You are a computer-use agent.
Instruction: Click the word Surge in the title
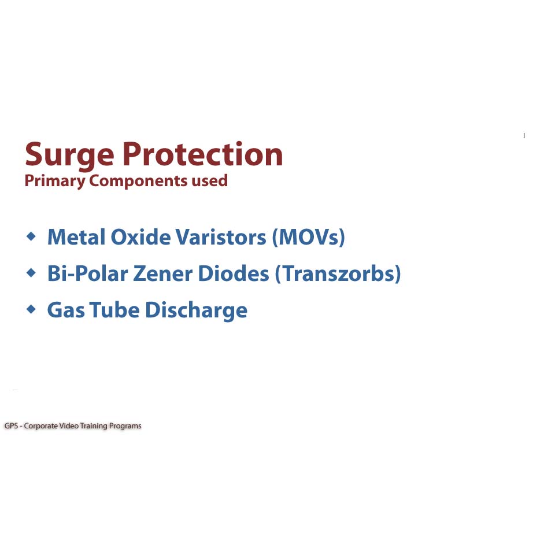tap(69, 156)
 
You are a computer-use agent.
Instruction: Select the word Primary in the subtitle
tap(55, 181)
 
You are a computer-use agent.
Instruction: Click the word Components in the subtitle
tap(138, 181)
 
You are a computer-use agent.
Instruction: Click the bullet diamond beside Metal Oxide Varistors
tap(31, 236)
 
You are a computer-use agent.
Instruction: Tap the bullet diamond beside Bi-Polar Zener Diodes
tap(31, 272)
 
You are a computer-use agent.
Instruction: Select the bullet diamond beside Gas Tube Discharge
tap(31, 309)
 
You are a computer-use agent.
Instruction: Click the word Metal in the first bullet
tap(76, 237)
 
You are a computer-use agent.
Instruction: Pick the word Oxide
tap(141, 237)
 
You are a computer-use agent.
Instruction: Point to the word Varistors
tap(221, 237)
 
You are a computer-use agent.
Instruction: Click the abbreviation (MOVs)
tap(308, 237)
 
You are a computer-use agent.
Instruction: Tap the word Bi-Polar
tap(88, 273)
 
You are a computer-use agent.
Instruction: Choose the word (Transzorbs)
tap(338, 274)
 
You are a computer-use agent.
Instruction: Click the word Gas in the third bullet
tap(66, 310)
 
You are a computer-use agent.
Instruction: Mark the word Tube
tap(114, 310)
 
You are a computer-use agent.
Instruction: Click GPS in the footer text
tap(11, 426)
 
